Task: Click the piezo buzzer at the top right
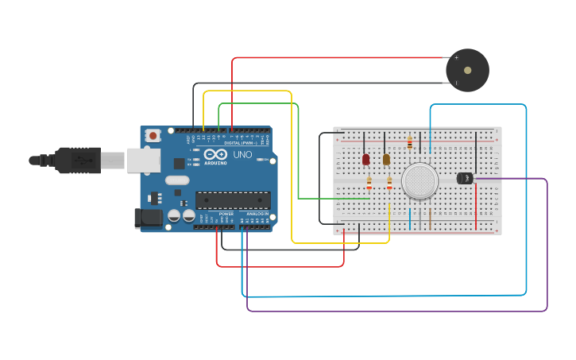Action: [467, 70]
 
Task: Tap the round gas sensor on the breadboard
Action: [419, 181]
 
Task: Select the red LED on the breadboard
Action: [365, 159]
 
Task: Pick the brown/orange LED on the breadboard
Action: [386, 159]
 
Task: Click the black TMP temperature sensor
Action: [466, 178]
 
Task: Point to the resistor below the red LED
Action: [369, 184]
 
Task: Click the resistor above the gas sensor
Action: [409, 143]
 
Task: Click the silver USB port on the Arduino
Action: [142, 161]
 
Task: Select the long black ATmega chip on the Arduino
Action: [232, 200]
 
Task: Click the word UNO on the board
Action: [242, 155]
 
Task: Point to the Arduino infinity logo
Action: [215, 154]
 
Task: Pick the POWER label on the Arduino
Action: [226, 214]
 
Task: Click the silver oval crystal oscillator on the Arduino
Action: [177, 180]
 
